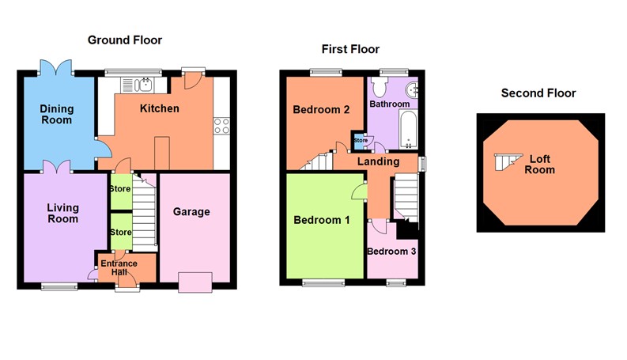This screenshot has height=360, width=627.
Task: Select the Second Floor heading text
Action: (538, 93)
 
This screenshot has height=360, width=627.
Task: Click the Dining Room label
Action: (57, 114)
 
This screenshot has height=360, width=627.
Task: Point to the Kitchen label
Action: (160, 108)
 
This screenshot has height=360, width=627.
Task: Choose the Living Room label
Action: (62, 213)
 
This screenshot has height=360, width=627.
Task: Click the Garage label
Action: (192, 211)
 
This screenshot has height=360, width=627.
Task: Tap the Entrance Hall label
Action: (119, 267)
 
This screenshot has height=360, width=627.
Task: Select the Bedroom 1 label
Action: (321, 219)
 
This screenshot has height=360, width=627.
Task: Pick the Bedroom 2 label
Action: (321, 110)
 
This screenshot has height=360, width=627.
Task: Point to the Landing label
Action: (377, 161)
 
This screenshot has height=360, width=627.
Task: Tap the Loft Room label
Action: (542, 165)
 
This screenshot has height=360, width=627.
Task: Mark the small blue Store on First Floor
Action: (361, 141)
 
